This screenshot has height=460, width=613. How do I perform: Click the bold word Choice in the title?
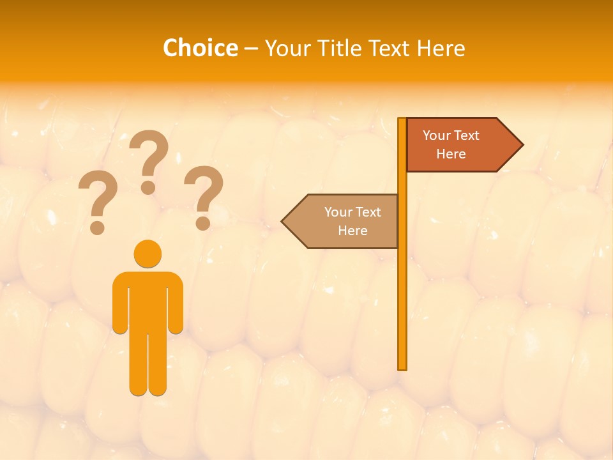click(x=200, y=48)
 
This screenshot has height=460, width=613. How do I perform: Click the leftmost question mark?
click(x=97, y=202)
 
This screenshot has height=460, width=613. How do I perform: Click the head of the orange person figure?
click(x=148, y=254)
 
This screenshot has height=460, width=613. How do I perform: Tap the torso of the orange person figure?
click(x=148, y=300)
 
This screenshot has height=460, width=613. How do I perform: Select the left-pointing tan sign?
click(x=348, y=221)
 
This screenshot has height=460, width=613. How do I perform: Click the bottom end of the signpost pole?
click(x=402, y=367)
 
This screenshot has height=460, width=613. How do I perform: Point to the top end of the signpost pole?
click(x=402, y=120)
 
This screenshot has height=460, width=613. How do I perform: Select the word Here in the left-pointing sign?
click(x=352, y=231)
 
